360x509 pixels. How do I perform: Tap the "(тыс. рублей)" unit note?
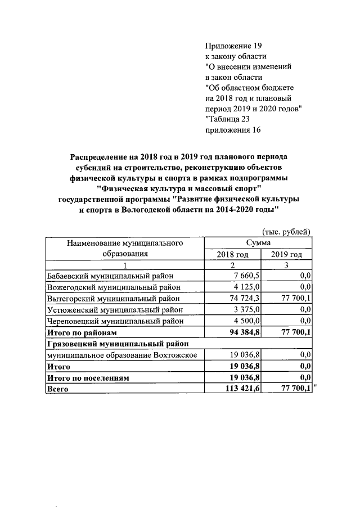286,231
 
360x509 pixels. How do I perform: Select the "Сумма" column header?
258,242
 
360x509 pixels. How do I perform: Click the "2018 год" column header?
232,254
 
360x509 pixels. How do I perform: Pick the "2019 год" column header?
287,254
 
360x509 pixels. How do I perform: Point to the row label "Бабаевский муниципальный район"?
111,276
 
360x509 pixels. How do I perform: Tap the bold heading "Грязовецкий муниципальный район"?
117,344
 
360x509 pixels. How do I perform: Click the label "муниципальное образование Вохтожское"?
121,355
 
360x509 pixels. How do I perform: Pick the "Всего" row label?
58,389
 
